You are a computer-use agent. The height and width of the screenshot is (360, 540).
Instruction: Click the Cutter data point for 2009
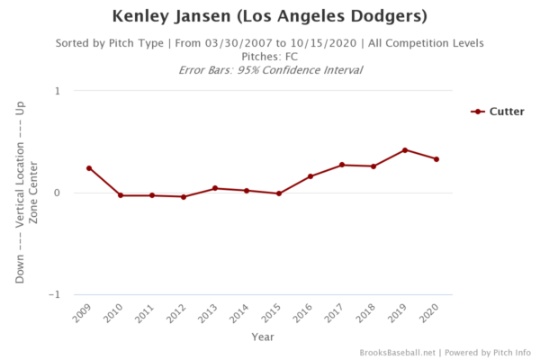89,168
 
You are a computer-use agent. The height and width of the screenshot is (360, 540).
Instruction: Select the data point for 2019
405,150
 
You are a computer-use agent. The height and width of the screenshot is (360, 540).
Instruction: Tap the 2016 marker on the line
310,176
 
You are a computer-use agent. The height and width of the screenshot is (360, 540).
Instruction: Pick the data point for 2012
184,197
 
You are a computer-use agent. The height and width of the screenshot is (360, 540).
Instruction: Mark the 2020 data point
436,159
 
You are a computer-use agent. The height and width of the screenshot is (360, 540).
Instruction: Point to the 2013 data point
215,188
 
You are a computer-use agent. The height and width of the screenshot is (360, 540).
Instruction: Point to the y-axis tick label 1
57,91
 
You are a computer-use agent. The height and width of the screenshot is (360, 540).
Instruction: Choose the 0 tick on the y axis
57,193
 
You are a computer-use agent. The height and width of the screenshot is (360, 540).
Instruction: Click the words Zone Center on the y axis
34,193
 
